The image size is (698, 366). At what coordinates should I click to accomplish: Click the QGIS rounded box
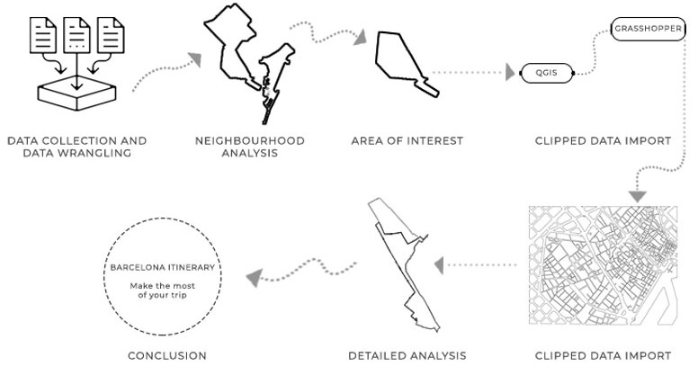click(546, 73)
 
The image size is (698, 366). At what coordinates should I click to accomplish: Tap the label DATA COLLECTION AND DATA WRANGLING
click(76, 147)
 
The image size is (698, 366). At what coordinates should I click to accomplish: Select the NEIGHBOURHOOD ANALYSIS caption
click(250, 147)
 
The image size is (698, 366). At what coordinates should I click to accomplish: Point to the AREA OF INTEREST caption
click(407, 141)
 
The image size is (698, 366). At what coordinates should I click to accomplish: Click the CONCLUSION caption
click(167, 356)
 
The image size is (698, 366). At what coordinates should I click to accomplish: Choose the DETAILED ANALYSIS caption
click(407, 356)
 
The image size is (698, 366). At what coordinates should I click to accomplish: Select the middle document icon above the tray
click(76, 36)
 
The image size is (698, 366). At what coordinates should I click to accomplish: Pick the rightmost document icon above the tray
click(110, 36)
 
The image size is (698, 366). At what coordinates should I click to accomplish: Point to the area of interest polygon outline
click(405, 63)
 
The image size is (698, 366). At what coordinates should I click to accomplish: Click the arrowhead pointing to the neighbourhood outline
click(194, 59)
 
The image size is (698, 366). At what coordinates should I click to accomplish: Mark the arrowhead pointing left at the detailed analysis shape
click(441, 264)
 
